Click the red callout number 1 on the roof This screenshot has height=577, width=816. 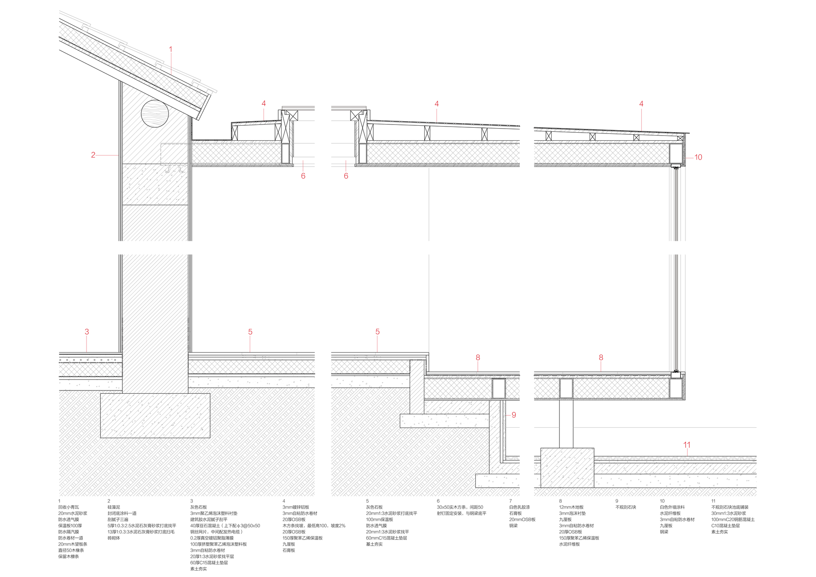[x=171, y=49]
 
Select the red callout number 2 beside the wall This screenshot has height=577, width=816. [x=93, y=155]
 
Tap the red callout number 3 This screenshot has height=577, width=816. [x=86, y=332]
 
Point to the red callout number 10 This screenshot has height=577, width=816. [x=698, y=157]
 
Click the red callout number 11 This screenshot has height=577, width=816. [x=687, y=445]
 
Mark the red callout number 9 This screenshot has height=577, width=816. [x=514, y=415]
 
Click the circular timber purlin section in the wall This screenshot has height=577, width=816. [x=155, y=113]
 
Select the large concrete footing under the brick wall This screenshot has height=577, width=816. [x=155, y=415]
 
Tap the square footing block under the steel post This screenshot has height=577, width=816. [x=567, y=468]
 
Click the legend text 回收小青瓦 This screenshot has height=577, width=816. [x=69, y=507]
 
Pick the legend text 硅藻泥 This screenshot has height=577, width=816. [x=114, y=507]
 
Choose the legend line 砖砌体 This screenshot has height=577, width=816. [x=114, y=538]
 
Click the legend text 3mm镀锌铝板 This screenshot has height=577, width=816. [x=296, y=507]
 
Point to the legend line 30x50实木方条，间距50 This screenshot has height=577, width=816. [x=460, y=507]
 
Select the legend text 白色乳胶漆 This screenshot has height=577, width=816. [x=519, y=507]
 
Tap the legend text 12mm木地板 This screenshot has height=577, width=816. [x=571, y=507]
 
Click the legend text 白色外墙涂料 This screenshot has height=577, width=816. [x=672, y=507]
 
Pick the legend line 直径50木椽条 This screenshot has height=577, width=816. [x=71, y=550]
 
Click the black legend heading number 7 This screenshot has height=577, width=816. [x=510, y=501]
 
